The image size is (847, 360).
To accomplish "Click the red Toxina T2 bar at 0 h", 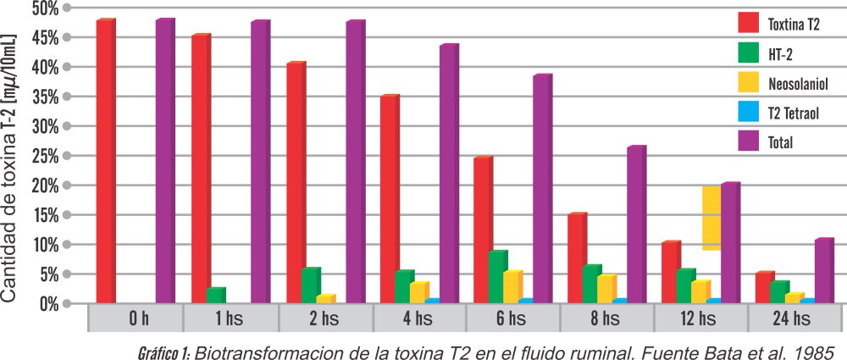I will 105,161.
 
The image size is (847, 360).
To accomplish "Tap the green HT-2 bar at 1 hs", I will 215,296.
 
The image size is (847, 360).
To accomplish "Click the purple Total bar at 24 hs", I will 824,271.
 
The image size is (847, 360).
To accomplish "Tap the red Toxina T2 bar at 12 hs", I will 670,273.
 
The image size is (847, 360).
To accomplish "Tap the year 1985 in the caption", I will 814,350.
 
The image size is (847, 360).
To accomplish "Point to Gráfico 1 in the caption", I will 163,350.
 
